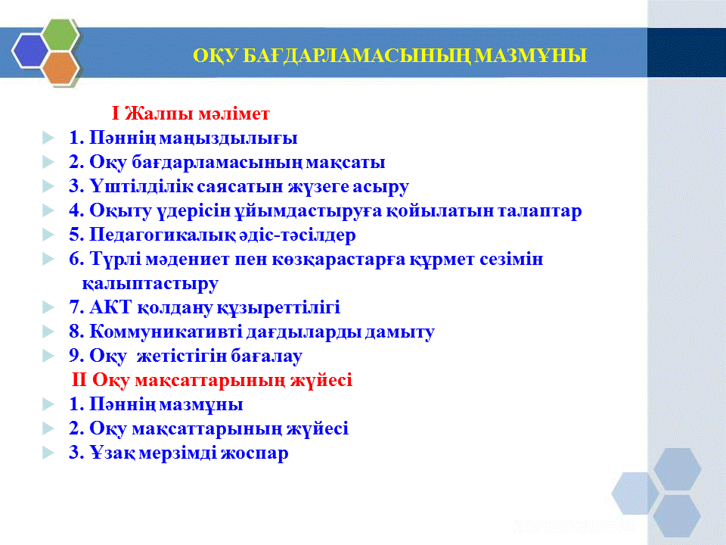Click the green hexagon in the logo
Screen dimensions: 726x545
(x=60, y=34)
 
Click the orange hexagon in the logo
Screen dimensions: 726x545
(x=60, y=67)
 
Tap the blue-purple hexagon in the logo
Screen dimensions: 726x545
(x=30, y=51)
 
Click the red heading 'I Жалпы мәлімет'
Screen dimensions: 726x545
(x=191, y=114)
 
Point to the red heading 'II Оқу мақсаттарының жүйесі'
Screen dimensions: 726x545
(x=212, y=380)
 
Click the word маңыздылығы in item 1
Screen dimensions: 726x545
(x=230, y=138)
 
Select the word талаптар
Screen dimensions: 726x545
(x=539, y=211)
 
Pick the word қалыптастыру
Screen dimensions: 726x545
(x=150, y=284)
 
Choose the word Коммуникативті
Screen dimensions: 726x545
(x=166, y=332)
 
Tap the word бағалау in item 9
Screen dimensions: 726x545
(x=266, y=356)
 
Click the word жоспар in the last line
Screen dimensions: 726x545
(x=254, y=453)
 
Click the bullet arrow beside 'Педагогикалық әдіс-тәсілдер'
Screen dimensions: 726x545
(x=48, y=235)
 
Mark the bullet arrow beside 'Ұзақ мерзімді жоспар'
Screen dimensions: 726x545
(x=48, y=453)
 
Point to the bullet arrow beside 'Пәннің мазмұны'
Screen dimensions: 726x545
(x=48, y=404)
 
